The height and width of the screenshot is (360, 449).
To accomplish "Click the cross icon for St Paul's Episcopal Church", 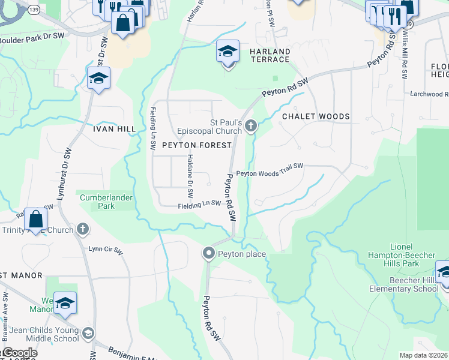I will click(x=251, y=125).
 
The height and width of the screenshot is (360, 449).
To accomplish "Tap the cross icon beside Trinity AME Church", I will click(x=83, y=229).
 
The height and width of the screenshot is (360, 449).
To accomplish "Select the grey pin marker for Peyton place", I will click(x=208, y=253).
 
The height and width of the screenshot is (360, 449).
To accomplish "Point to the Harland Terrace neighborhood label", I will click(x=270, y=56).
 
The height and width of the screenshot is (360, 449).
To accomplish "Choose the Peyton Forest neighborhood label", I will click(x=196, y=145).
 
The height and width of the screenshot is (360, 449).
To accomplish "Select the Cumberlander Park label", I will click(x=106, y=201).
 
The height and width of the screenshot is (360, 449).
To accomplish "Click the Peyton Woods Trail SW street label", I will click(x=270, y=173).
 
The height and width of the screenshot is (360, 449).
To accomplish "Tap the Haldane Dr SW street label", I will click(x=190, y=176).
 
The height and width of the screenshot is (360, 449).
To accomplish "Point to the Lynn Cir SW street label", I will click(x=106, y=248).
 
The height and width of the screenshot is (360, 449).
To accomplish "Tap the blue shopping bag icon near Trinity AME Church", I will click(x=36, y=219).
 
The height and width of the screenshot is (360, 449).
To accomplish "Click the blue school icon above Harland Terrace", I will click(x=228, y=52).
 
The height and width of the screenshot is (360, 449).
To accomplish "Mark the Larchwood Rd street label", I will click(x=429, y=94).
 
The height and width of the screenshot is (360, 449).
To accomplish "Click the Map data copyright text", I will click(x=424, y=355).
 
